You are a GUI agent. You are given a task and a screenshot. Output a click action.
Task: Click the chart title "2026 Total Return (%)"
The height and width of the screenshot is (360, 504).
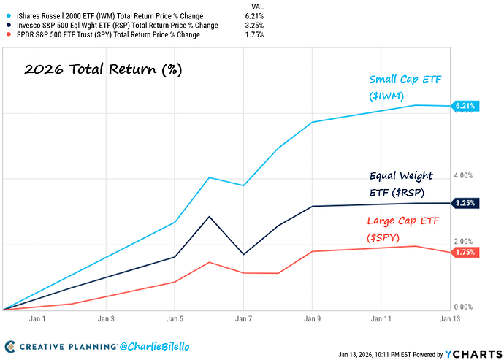point(102,70)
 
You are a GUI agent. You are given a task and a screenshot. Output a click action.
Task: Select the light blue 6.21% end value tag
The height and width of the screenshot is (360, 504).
point(465,106)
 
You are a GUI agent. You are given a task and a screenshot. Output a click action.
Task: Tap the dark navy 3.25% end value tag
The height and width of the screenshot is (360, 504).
point(465,203)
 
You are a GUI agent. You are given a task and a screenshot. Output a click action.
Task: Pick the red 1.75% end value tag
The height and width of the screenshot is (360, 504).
point(465,252)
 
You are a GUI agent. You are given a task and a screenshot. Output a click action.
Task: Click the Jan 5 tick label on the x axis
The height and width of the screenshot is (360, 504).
point(175,319)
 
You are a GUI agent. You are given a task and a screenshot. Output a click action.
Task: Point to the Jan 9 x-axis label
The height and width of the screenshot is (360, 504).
point(313,319)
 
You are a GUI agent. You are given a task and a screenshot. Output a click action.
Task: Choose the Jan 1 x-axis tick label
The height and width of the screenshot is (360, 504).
point(37,319)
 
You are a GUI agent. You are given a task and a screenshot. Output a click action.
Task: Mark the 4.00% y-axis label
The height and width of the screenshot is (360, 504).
point(465,176)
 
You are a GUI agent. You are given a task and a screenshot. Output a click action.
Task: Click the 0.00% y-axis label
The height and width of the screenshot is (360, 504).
point(465,307)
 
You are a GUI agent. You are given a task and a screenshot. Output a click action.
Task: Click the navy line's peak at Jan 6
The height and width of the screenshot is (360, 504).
point(210,217)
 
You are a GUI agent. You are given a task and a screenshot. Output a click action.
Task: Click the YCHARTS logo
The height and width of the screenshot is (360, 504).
point(476,353)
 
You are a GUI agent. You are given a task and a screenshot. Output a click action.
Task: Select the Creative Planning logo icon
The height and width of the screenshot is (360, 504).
point(10,346)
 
